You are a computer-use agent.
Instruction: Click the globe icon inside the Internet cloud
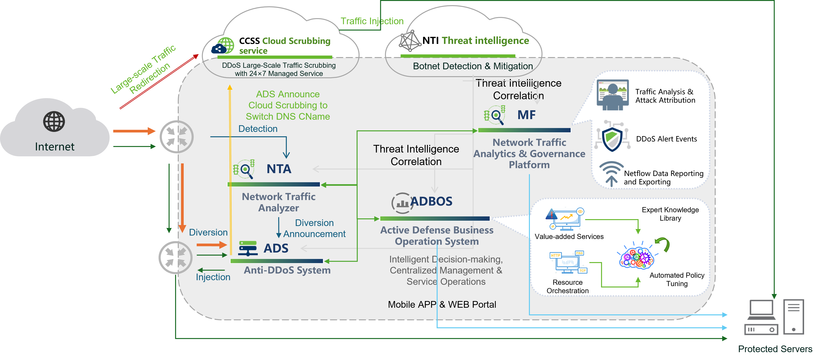point(54,122)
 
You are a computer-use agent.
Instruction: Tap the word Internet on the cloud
point(55,147)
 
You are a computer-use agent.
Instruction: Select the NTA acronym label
point(279,169)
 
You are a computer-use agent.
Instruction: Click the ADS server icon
point(248,248)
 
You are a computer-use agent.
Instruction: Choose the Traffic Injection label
point(372,21)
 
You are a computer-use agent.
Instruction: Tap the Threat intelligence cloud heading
point(485,41)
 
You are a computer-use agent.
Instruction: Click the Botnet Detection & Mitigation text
point(473,66)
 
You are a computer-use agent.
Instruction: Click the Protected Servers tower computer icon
point(793,317)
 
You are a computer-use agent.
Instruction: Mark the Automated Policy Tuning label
point(677,279)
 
